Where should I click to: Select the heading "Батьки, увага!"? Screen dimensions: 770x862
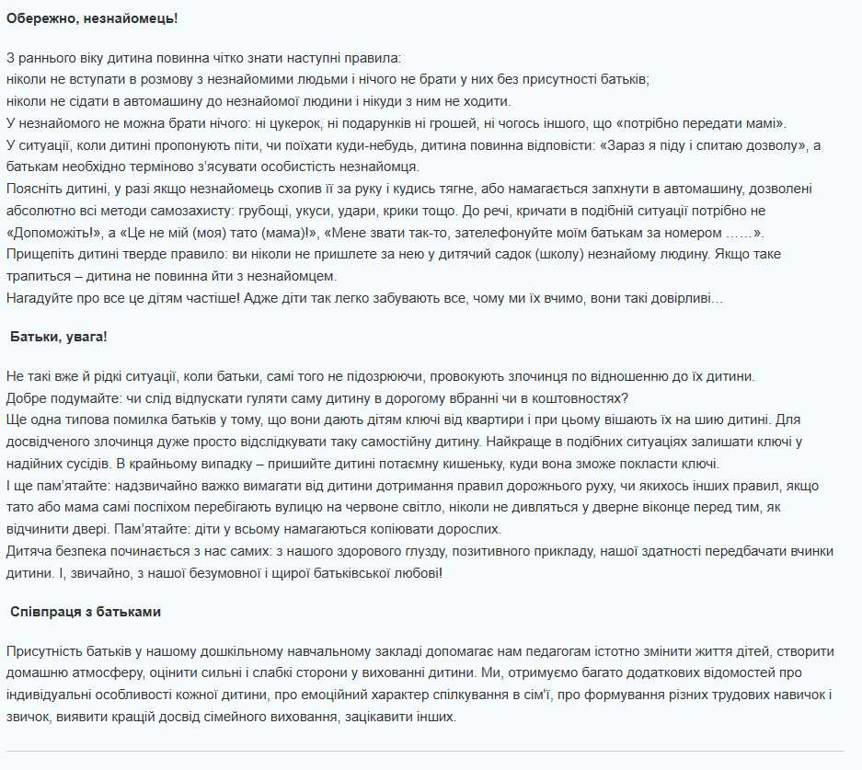59,337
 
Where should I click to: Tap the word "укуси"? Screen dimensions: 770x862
329,212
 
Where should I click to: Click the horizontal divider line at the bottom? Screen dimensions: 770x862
424,752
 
